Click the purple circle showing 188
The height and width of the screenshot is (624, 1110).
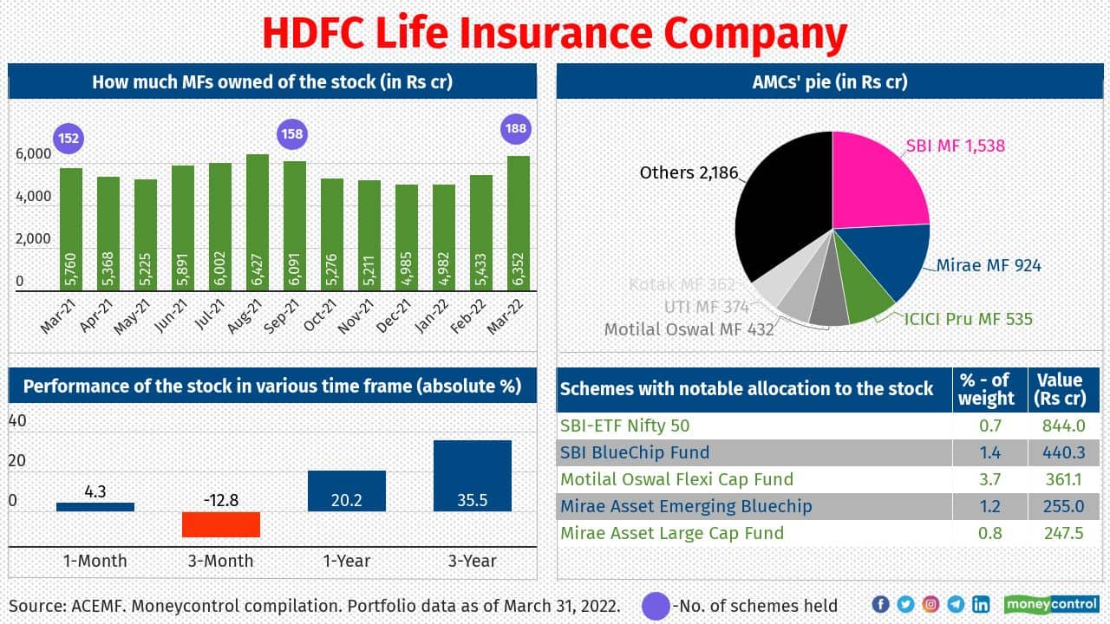click(516, 129)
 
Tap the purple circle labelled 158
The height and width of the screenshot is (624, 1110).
click(291, 134)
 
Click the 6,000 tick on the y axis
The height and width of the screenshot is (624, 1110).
click(34, 154)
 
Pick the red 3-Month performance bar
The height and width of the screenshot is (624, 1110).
click(221, 524)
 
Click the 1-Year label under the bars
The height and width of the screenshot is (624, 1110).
click(346, 561)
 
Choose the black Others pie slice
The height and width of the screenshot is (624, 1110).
click(780, 217)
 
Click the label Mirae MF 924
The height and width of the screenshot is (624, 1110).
click(989, 265)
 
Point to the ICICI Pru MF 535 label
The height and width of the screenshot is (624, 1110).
click(969, 319)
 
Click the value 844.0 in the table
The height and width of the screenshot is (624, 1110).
click(1063, 426)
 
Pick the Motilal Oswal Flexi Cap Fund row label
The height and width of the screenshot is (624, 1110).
click(676, 479)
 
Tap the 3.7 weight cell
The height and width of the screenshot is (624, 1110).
click(989, 479)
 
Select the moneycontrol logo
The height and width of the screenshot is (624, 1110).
click(1052, 604)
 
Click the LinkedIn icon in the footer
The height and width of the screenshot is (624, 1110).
click(981, 604)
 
